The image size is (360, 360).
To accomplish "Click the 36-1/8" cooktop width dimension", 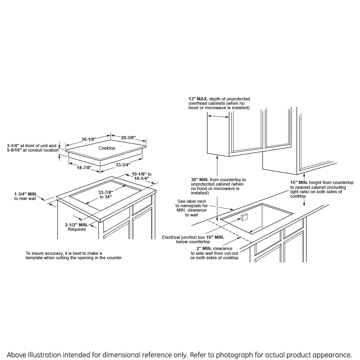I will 88,139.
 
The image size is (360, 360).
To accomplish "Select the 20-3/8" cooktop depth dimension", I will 128,138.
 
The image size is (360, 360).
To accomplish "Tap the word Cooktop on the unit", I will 107,148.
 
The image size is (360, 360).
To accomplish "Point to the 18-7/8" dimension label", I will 84,168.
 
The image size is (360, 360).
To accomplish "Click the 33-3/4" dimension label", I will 122,164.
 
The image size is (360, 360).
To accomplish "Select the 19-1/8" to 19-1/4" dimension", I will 142,176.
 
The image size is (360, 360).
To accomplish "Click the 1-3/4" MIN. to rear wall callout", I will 25,196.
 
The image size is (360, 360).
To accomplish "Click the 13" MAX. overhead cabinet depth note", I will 219,103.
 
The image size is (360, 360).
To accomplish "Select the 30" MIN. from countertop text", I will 218,186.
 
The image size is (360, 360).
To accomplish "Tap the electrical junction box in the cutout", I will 244,217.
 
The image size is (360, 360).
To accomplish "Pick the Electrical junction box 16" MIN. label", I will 193,239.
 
